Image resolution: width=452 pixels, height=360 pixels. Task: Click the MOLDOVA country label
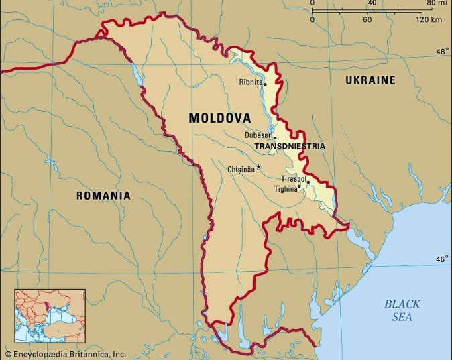[x=220, y=117]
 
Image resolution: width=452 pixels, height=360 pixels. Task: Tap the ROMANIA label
[x=103, y=196]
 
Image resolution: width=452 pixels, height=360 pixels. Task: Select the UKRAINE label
[x=370, y=80]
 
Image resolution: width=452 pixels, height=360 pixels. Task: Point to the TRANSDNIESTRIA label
[x=289, y=146]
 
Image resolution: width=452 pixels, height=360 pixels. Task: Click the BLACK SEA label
[x=402, y=310]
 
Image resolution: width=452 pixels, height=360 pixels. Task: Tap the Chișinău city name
[x=241, y=170]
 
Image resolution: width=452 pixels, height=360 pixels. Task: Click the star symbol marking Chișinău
[x=259, y=166]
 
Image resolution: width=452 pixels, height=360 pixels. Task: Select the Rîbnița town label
[x=250, y=83]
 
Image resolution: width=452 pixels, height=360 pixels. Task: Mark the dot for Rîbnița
[x=265, y=84]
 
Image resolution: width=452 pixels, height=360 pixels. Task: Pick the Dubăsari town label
[x=259, y=135]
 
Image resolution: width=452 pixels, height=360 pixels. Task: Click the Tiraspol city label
[x=294, y=179]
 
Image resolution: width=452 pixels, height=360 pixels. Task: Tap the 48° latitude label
[x=441, y=52]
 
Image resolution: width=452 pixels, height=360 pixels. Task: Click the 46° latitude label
[x=441, y=259]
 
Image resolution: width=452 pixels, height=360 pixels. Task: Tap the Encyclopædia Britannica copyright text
[x=64, y=353]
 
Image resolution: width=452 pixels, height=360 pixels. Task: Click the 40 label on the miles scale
[x=372, y=3]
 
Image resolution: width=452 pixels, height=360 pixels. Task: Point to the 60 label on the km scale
[x=367, y=19]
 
